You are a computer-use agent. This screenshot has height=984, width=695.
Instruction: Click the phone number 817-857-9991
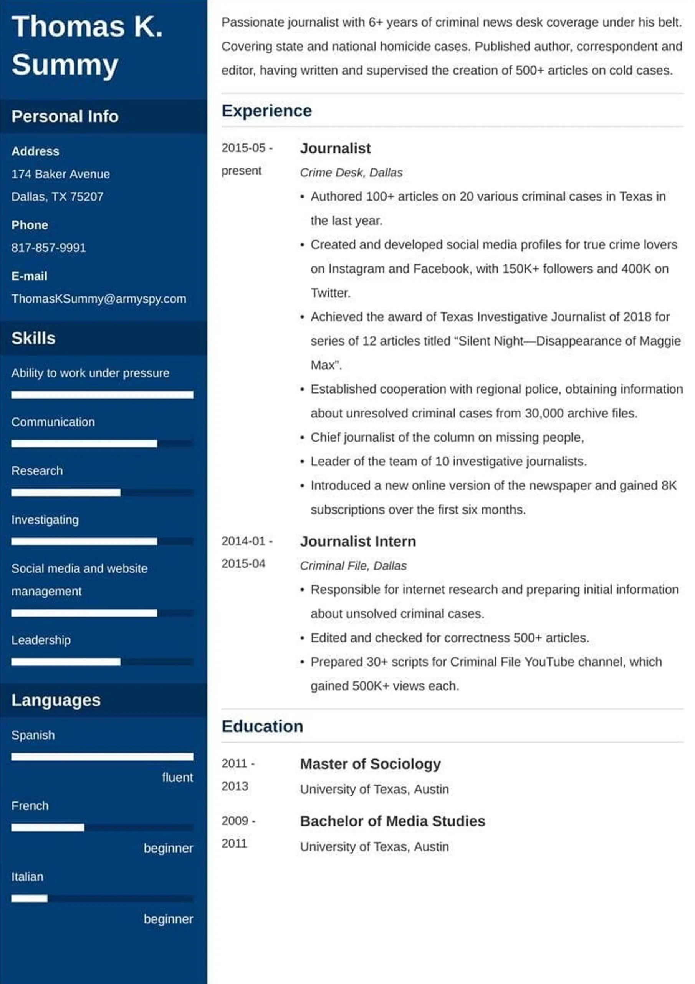point(48,247)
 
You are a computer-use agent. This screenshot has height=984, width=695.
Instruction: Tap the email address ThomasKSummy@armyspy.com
point(99,298)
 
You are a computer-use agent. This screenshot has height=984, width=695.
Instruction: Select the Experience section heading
point(266,111)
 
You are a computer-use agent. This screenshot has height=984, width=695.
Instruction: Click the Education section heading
point(262,726)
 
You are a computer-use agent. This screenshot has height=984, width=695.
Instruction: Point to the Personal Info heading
point(65,116)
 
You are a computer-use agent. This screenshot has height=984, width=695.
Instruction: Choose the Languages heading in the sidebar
point(56,700)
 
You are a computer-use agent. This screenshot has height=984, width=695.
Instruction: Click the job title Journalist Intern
point(357,541)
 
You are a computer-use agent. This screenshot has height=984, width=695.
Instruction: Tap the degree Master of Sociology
point(370,763)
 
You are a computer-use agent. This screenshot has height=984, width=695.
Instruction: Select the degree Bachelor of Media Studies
point(392,821)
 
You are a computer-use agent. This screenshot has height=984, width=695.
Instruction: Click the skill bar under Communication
point(102,444)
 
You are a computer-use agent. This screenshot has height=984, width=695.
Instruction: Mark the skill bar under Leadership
point(102,662)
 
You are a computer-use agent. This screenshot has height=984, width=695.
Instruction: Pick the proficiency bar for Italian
point(102,898)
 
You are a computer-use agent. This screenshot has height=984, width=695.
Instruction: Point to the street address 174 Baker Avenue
point(60,174)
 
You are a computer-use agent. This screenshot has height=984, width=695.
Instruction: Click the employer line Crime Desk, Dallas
point(351,172)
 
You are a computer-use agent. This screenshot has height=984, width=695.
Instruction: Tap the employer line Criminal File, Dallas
point(353,566)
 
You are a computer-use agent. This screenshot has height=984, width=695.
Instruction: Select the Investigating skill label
point(45,520)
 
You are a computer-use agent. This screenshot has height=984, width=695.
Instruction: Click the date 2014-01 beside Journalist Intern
point(243,541)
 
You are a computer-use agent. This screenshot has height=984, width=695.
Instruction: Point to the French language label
point(30,806)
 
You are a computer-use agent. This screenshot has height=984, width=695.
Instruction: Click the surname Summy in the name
point(65,65)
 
